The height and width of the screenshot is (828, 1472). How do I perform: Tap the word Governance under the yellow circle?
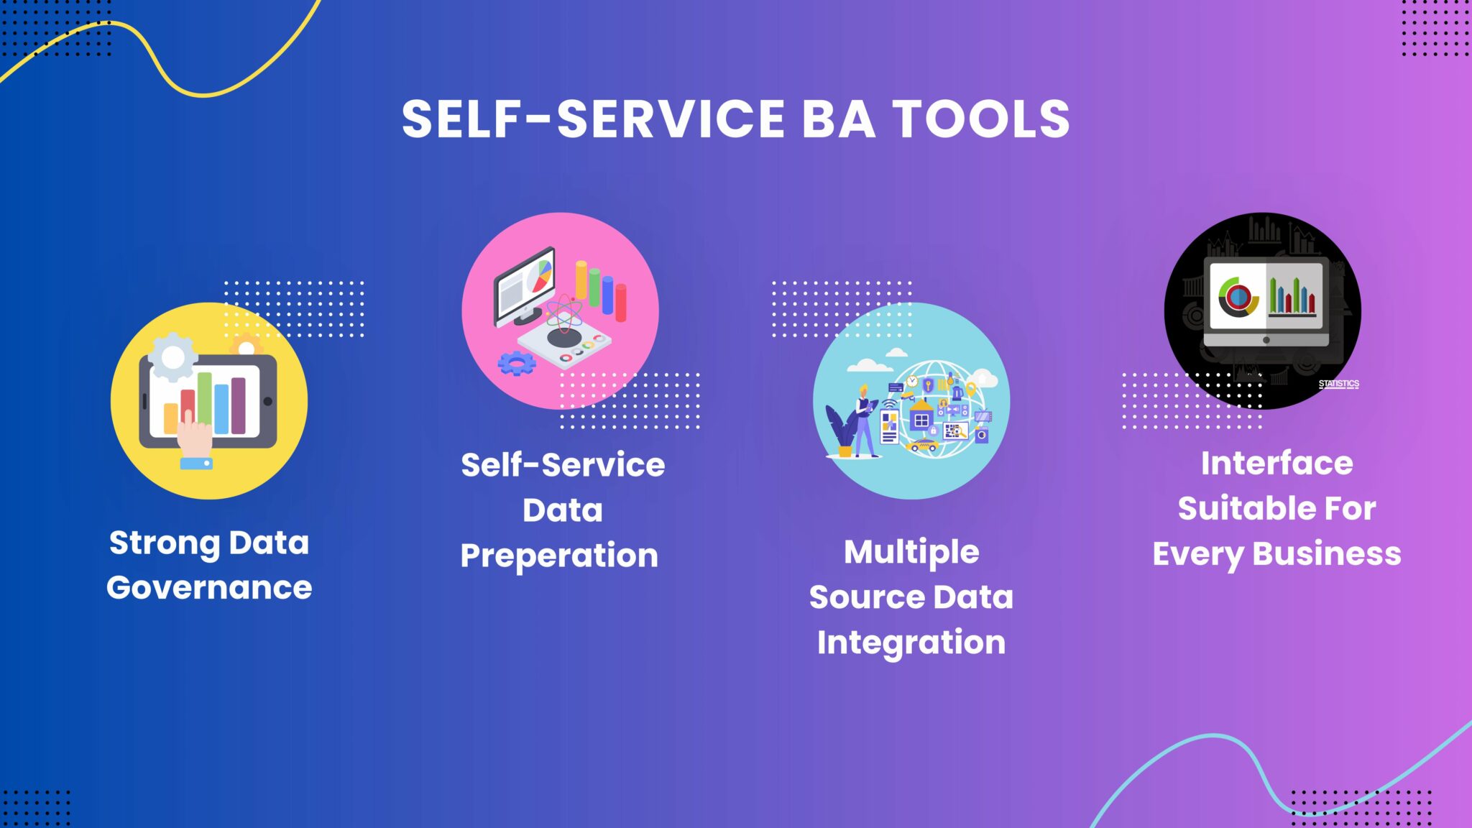(x=209, y=588)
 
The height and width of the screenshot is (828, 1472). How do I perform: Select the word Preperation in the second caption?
(x=559, y=556)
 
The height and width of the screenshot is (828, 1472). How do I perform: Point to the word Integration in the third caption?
(x=911, y=643)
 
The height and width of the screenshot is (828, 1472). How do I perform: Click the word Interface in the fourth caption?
(x=1277, y=463)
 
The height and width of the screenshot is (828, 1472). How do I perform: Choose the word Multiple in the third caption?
(x=911, y=553)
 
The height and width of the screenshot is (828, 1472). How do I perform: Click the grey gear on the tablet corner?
(x=172, y=356)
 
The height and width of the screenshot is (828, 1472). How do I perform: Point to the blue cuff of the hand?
(x=196, y=464)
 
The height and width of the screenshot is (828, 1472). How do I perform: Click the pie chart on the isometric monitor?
(x=540, y=277)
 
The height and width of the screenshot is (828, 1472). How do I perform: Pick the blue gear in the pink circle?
(x=517, y=364)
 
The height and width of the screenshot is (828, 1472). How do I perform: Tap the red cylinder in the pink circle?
(x=620, y=303)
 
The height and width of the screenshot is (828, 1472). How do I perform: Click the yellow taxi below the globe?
(x=922, y=446)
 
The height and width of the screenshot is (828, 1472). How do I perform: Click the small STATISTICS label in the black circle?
(x=1339, y=384)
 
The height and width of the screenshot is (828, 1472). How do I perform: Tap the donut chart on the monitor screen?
(x=1237, y=296)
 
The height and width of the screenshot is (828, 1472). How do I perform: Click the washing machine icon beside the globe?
(x=981, y=434)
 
